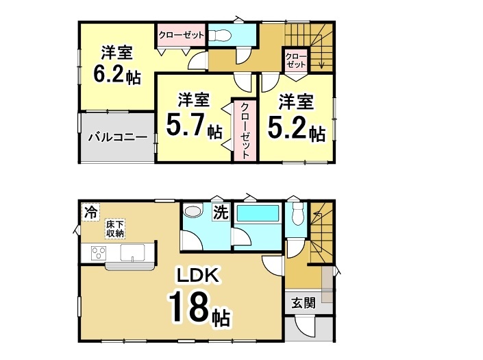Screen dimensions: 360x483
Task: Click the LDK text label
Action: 198,276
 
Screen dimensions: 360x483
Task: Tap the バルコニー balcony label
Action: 117,137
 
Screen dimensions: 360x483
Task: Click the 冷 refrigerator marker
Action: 90,213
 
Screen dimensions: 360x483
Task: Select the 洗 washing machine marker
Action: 221,213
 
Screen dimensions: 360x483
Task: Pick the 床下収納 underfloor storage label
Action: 114,229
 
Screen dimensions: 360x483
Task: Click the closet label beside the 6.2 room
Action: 180,34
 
